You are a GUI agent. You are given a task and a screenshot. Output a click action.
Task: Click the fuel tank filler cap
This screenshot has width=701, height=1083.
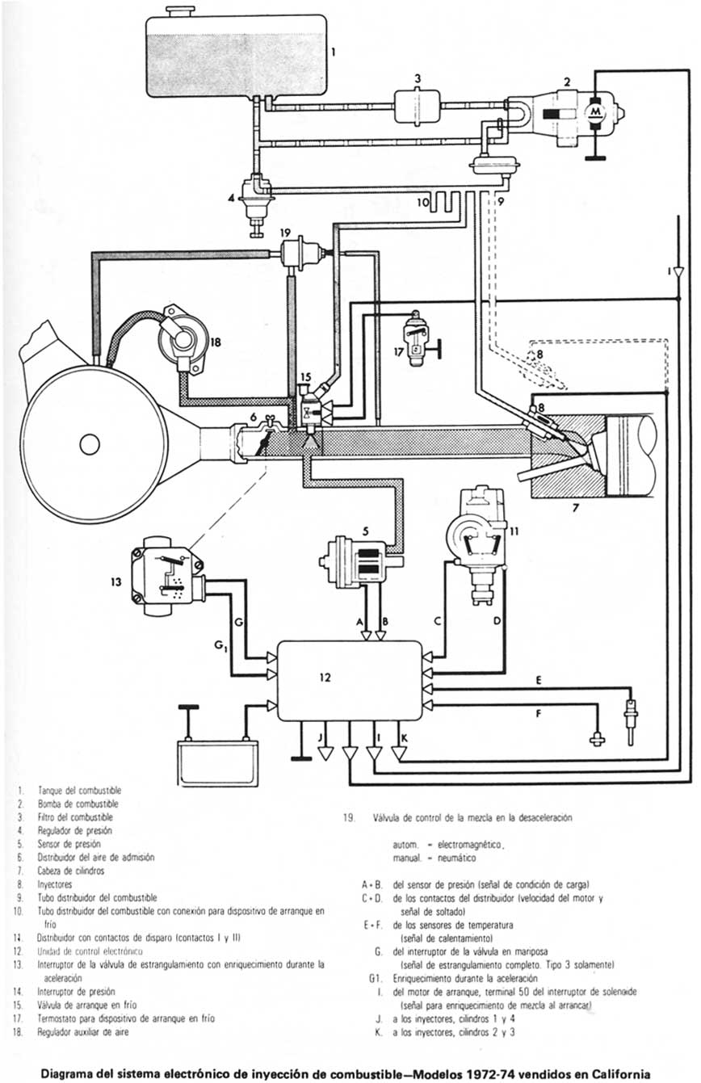pyautogui.click(x=179, y=10)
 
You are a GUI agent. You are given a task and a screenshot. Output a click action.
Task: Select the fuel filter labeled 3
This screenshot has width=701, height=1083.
pyautogui.click(x=417, y=106)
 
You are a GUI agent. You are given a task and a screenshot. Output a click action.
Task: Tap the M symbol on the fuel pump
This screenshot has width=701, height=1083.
pyautogui.click(x=595, y=110)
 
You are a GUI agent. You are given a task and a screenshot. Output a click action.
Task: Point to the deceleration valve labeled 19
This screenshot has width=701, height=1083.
pyautogui.click(x=301, y=252)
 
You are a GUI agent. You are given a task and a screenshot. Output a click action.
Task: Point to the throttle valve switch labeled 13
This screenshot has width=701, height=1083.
pyautogui.click(x=166, y=577)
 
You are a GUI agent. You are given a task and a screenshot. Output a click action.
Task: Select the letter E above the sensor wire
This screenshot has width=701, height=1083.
pyautogui.click(x=538, y=680)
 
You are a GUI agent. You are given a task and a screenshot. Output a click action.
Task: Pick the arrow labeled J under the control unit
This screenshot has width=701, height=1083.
pyautogui.click(x=325, y=753)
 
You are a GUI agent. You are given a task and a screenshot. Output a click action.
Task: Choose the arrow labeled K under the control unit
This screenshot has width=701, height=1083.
pyautogui.click(x=398, y=753)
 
